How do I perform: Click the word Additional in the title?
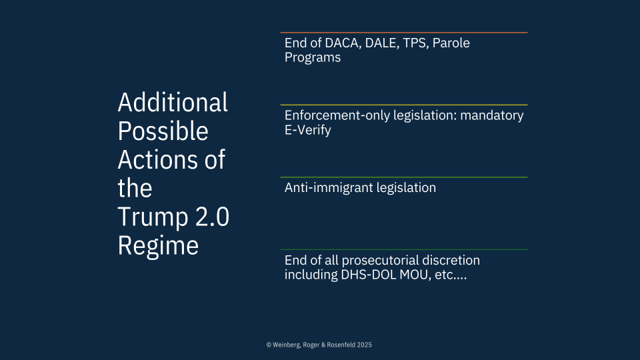pyautogui.click(x=173, y=102)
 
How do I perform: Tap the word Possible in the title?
pyautogui.click(x=163, y=131)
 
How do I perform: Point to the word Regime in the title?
pyautogui.click(x=158, y=246)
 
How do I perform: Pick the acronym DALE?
pyautogui.click(x=382, y=43)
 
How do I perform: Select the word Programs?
pyautogui.click(x=313, y=57)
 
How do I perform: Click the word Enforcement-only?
pyautogui.click(x=337, y=115)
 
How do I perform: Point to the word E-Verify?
pyautogui.click(x=308, y=130)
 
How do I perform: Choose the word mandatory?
pyautogui.click(x=492, y=115)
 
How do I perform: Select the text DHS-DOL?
pyautogui.click(x=368, y=275)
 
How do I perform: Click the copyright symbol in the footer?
pyautogui.click(x=269, y=345)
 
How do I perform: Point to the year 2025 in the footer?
pyautogui.click(x=365, y=345)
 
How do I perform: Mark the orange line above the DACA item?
pyautogui.click(x=404, y=32)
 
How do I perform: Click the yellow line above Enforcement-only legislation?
pyautogui.click(x=404, y=105)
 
